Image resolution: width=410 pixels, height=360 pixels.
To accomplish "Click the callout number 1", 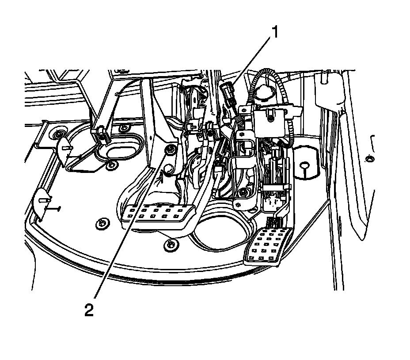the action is tap(275, 33).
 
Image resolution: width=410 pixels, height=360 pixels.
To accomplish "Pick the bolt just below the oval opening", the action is tap(112, 165).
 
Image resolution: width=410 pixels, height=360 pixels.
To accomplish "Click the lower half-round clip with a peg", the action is tap(42, 202).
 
